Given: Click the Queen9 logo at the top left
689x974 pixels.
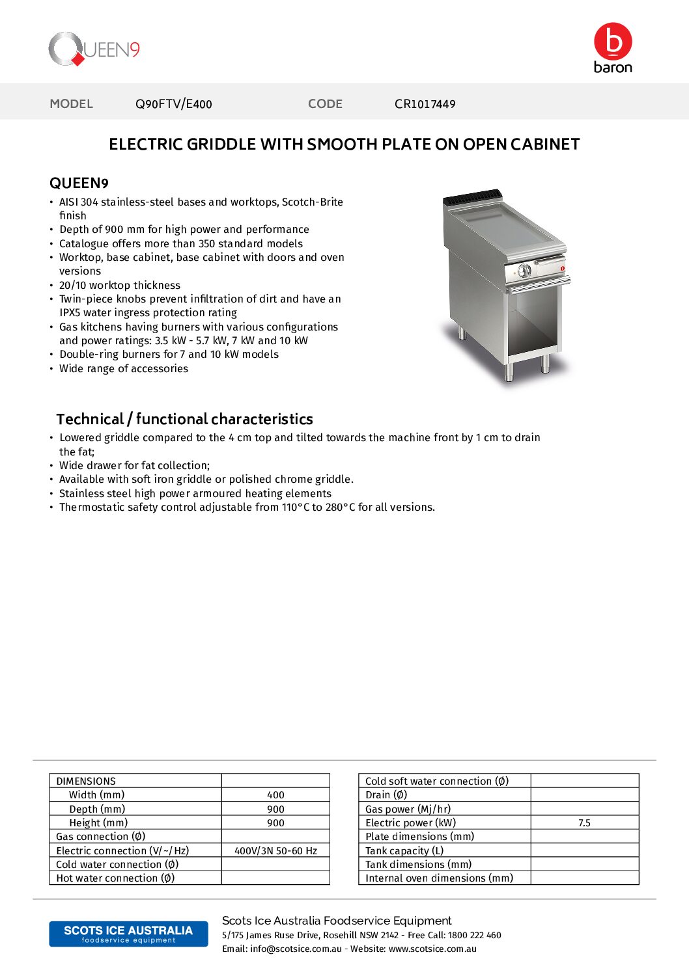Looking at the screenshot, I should tap(94, 49).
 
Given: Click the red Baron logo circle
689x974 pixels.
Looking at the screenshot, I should tap(612, 41).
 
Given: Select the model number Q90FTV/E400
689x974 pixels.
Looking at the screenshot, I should tap(173, 104).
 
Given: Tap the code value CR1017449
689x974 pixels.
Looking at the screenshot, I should tap(425, 104).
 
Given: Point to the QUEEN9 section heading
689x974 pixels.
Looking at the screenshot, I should tap(79, 183).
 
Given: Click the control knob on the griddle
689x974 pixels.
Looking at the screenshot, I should tap(524, 271).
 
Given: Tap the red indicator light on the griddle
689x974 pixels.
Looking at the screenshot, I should tap(562, 268).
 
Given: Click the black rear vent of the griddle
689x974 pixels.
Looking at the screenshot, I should tap(473, 196).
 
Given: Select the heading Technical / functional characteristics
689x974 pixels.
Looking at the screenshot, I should tap(184, 419).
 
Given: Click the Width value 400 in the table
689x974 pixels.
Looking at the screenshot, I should tap(275, 795).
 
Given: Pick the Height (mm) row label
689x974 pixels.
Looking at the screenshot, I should tap(98, 823).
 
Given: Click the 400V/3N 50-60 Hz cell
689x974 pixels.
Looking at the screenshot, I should tap(275, 851).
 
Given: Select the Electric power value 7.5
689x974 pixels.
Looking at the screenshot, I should tap(584, 823).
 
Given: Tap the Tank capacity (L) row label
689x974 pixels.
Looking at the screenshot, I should tap(404, 851).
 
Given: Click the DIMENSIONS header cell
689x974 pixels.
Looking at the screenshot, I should tap(86, 781).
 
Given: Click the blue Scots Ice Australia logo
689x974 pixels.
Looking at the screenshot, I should tap(128, 934).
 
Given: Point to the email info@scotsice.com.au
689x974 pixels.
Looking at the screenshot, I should tap(296, 949).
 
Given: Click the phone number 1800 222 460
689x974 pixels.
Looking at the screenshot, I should tap(475, 936).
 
